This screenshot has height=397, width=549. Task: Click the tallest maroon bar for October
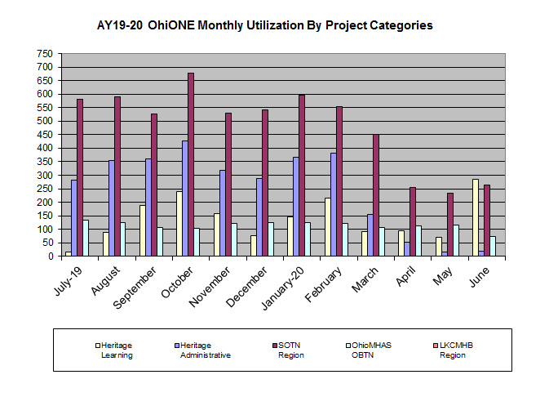pos(191,164)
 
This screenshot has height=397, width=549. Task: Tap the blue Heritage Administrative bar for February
pos(311,204)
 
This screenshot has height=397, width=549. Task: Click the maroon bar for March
pos(375,195)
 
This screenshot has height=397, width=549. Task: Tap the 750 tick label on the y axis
pos(44,54)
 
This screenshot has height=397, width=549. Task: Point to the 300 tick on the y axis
pos(44,176)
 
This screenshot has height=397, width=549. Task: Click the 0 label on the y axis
pos(49,256)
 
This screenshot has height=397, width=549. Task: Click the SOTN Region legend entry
pos(292,350)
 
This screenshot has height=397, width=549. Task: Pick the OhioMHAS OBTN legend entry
pos(374,350)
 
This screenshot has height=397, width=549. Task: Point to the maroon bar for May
pos(450,225)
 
